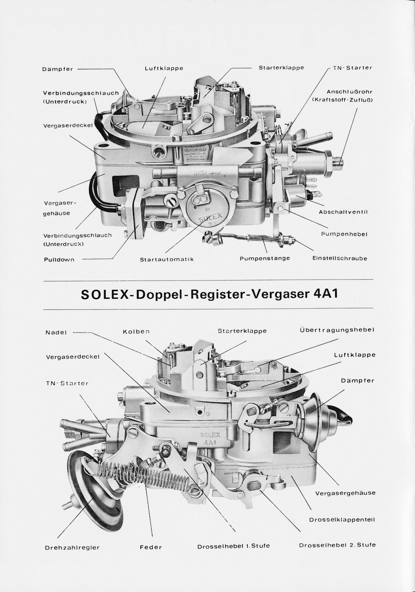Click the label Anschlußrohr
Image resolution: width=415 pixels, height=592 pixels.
349,92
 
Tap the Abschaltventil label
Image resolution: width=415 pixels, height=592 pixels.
342,212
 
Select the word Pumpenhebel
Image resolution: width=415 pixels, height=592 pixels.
344,234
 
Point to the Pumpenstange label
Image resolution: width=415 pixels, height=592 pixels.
265,258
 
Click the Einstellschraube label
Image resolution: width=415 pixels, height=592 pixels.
340,258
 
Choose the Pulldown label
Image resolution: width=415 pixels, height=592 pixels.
59,260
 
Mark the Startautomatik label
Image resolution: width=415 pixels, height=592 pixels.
167,259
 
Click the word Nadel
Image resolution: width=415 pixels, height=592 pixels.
56,333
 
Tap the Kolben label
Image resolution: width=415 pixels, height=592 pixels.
136,331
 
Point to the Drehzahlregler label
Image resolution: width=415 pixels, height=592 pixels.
73,547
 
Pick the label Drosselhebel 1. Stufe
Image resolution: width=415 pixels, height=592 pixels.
233,546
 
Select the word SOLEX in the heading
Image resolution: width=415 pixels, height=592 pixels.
104,294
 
